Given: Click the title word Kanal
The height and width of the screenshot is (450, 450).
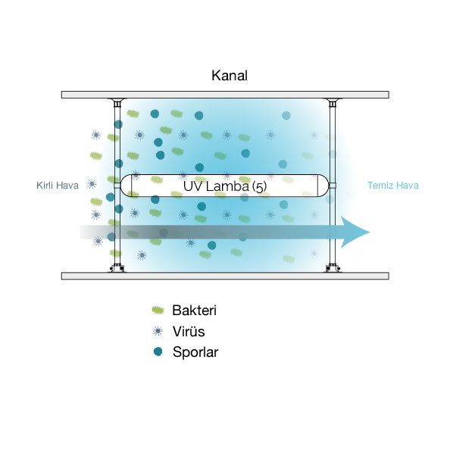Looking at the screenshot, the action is (230, 76).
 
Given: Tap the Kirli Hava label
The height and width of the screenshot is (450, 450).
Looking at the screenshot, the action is (58, 186).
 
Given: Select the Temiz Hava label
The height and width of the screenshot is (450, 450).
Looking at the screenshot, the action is (393, 186).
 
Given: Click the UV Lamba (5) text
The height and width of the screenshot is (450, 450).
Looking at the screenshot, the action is (225, 186).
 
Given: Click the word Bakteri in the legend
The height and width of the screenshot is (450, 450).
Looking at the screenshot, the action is (194, 311).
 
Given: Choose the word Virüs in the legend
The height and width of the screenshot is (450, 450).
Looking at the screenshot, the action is (189, 332).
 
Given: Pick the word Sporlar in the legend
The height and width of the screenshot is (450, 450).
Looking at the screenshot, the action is (195, 352).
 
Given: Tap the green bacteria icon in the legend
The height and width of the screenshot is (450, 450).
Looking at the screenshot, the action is (158, 311).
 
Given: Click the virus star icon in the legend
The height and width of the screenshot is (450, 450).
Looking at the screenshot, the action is (158, 331).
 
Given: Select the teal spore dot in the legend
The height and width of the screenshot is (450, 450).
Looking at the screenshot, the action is (158, 352).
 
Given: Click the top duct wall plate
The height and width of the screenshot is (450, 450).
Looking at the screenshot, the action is (225, 95).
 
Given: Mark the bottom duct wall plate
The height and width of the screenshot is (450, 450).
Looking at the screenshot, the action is (225, 276).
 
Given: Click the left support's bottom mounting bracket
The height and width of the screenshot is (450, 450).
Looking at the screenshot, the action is (117, 268).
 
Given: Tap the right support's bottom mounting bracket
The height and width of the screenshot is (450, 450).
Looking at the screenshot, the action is (333, 268).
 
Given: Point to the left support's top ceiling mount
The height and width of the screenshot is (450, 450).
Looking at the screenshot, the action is (117, 102).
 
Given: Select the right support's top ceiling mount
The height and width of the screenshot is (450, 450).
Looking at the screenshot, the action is (333, 102).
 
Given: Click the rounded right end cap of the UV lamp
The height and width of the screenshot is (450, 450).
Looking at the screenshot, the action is (323, 186).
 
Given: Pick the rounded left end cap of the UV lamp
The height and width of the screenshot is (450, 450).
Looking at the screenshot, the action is (126, 186).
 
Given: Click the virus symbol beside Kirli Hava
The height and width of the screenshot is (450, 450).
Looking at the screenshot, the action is (92, 184).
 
